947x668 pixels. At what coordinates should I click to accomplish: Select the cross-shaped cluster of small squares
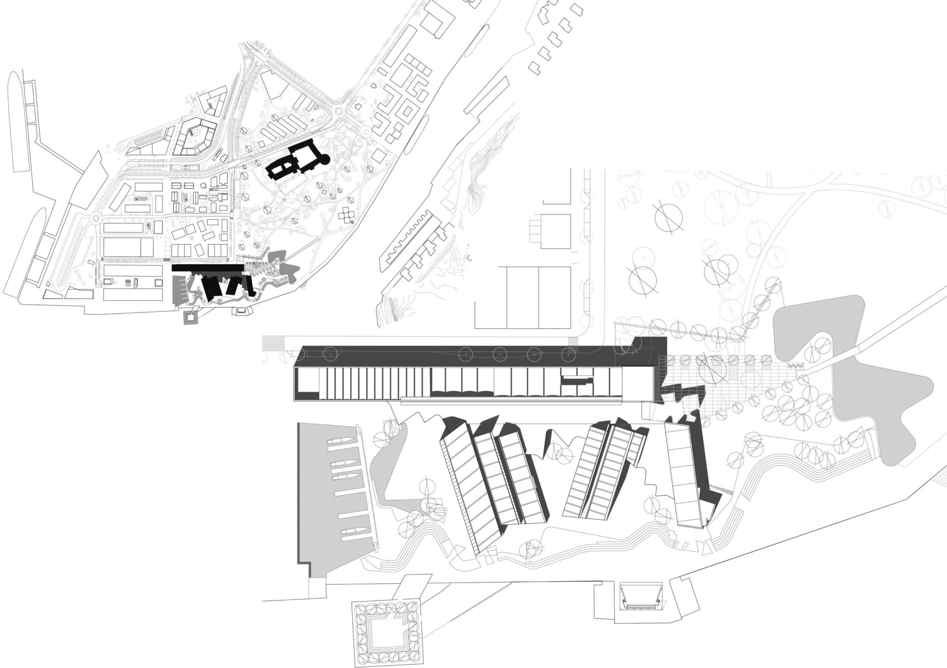click(347, 215)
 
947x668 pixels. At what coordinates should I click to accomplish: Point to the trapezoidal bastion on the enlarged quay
click(641, 595)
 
